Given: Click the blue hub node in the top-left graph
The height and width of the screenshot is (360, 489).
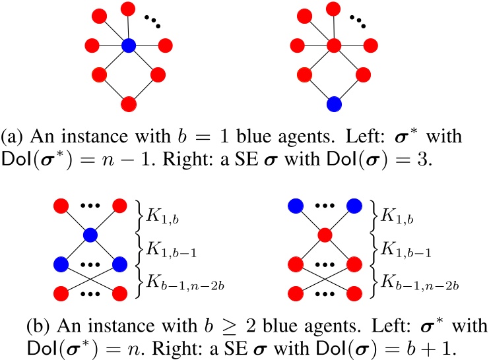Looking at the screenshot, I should [x=129, y=45].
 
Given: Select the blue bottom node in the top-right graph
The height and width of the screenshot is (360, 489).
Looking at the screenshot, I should [x=334, y=103].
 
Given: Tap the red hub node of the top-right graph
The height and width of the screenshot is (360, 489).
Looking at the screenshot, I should [x=334, y=45].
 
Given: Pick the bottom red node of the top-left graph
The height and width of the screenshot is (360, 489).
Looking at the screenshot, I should [x=129, y=103].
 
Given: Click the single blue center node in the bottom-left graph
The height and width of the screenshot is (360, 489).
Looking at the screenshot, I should [x=90, y=234].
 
